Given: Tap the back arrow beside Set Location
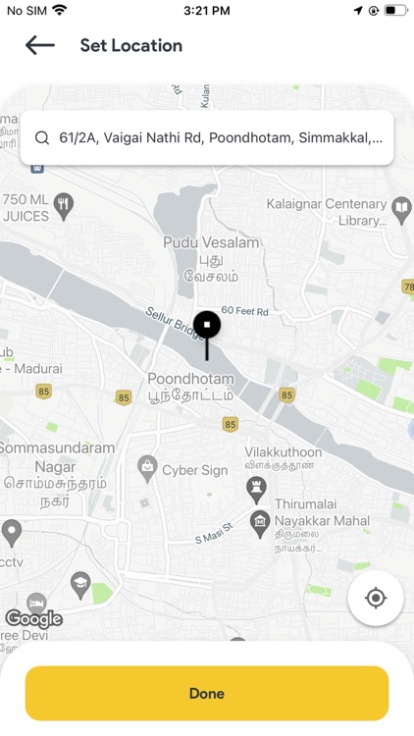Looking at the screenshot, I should click(39, 45).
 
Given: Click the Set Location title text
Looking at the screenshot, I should click(130, 45).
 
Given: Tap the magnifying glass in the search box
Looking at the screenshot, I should click(42, 137).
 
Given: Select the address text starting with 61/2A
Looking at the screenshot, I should click(221, 137).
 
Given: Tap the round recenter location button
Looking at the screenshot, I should click(376, 597).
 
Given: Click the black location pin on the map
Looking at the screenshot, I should click(206, 326).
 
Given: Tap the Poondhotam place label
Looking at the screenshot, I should click(190, 379).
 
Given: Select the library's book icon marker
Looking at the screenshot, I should click(400, 207).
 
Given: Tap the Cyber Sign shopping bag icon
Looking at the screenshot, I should click(147, 464).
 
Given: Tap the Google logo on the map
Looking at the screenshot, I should click(33, 618).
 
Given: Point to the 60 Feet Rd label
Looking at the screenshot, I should click(244, 310).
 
